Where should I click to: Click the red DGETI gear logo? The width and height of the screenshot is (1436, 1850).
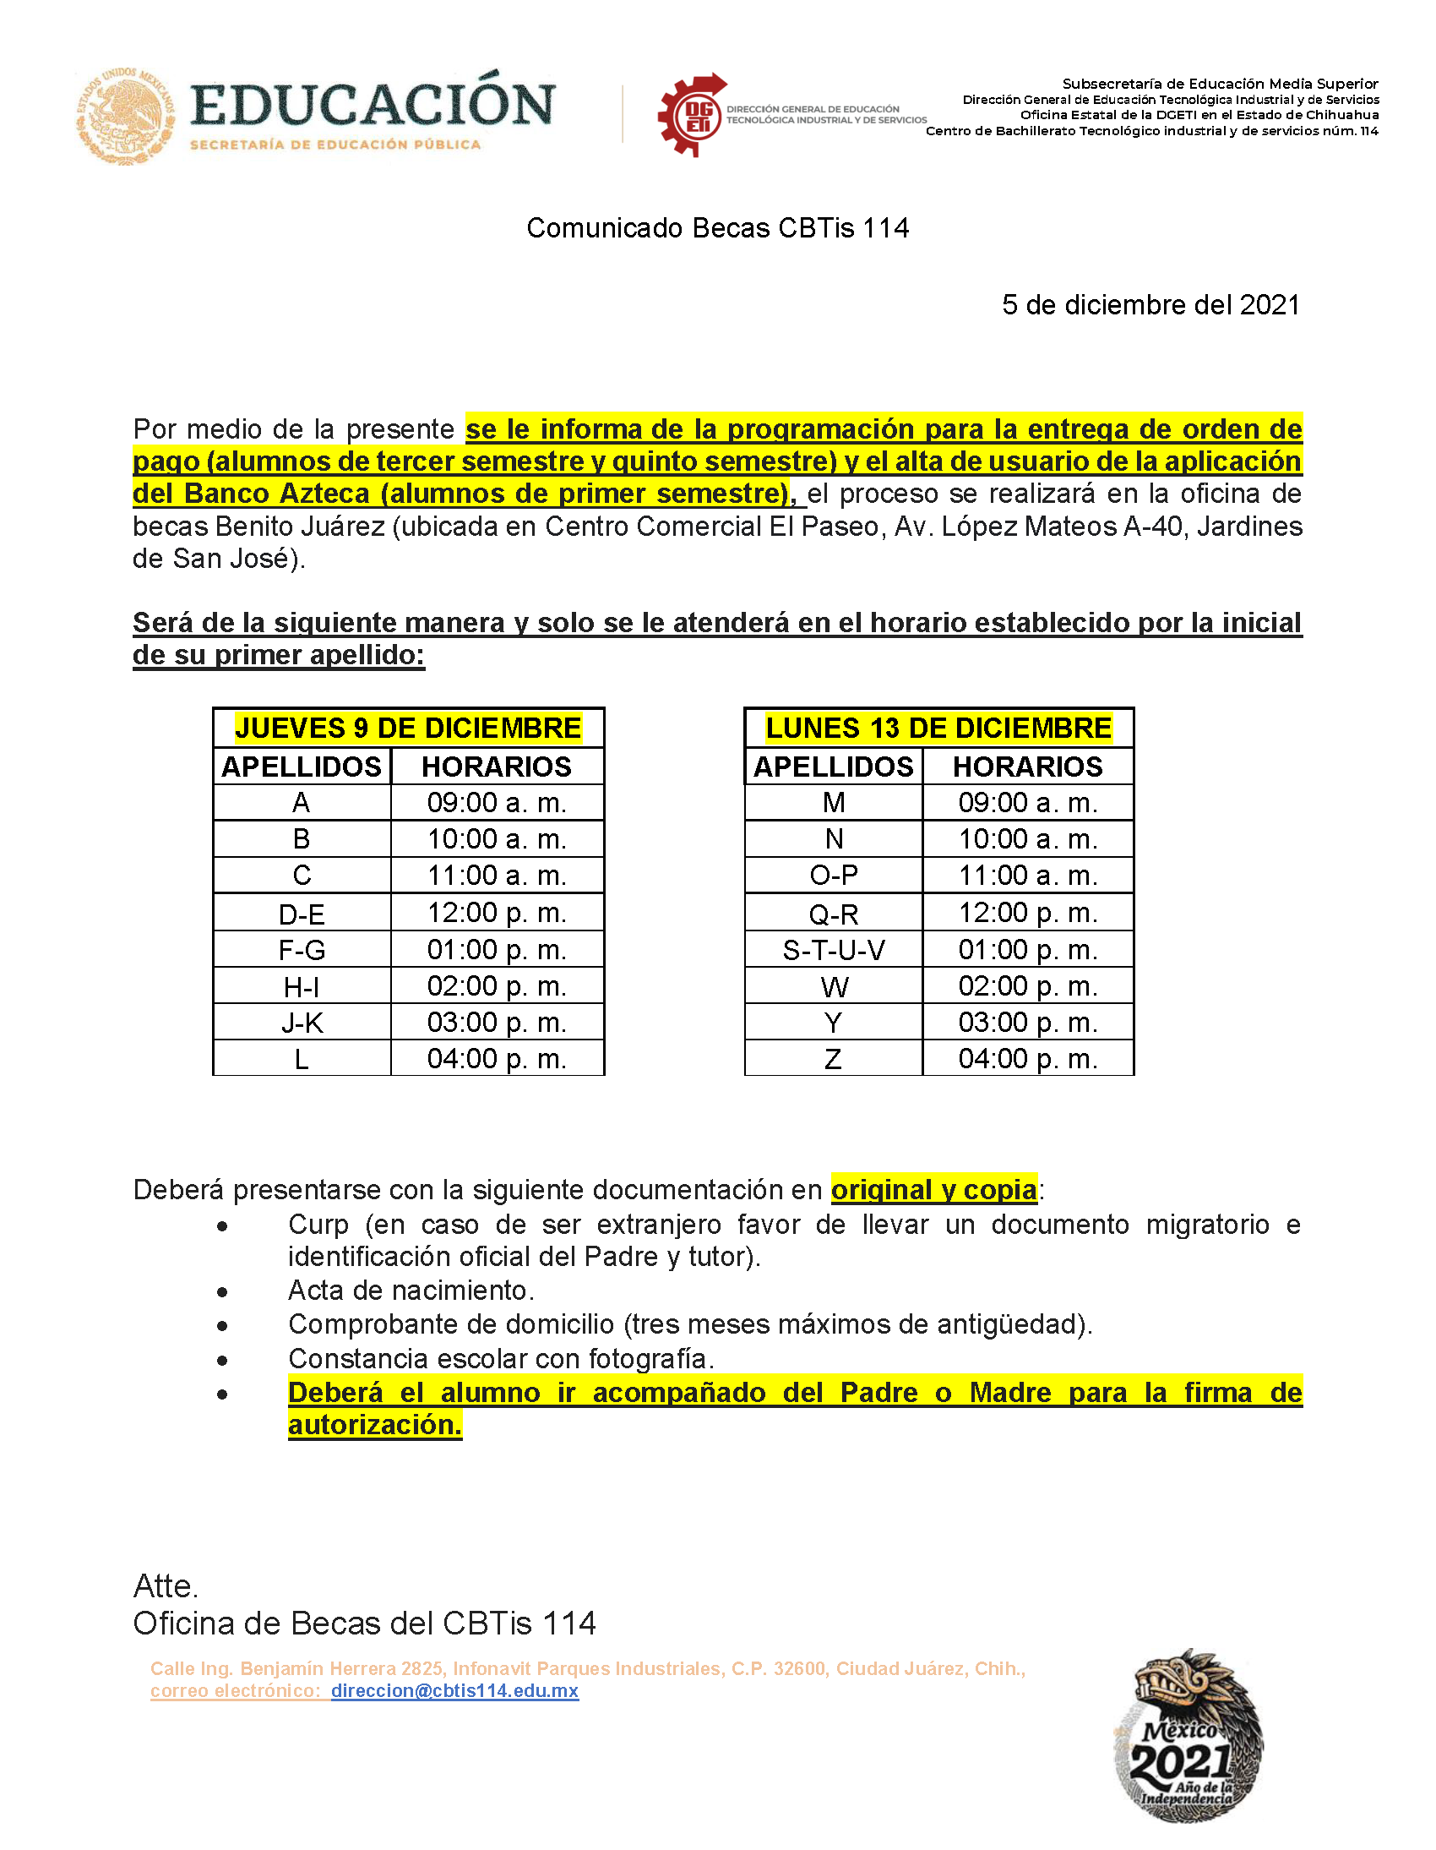[693, 115]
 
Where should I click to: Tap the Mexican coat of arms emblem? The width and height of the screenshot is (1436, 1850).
[125, 116]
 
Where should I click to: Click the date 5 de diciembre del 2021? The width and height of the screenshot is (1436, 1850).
[1150, 305]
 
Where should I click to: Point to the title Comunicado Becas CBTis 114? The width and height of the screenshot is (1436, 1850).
[717, 228]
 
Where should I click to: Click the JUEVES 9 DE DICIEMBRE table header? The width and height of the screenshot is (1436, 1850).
[408, 728]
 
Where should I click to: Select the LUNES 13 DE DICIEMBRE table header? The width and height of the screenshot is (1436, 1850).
[938, 728]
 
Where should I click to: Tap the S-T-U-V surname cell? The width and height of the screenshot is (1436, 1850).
[833, 951]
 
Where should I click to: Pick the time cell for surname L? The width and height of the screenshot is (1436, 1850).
[497, 1059]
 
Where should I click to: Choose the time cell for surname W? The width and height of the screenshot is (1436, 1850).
[1028, 987]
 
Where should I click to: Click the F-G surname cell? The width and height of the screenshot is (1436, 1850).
[302, 951]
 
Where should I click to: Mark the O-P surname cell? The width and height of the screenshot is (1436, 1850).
[833, 876]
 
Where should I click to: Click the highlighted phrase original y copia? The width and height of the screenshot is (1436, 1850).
[933, 1190]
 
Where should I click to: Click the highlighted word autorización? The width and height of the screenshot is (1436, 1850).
[374, 1425]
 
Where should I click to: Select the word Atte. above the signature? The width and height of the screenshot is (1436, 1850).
[166, 1585]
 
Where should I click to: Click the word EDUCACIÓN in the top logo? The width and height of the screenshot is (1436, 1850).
[373, 105]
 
